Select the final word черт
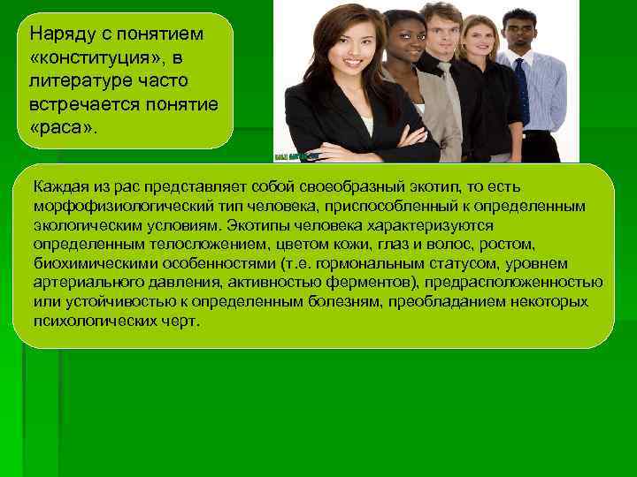pos(184,321)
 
